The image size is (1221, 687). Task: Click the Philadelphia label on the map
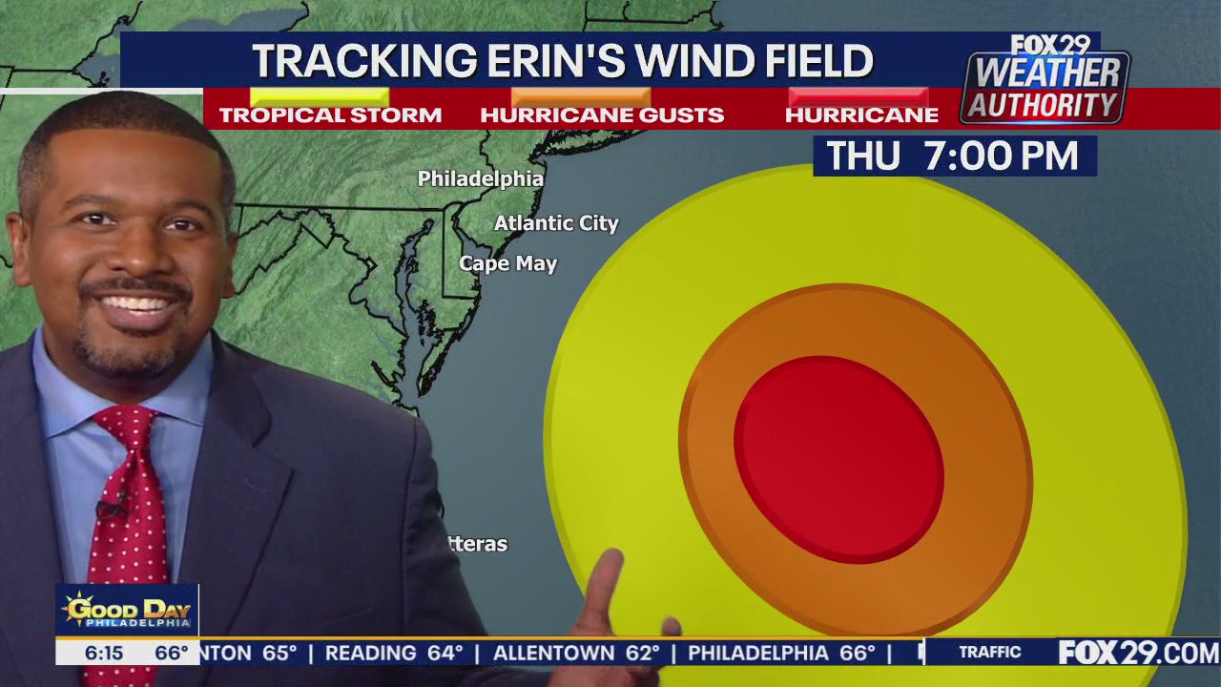click(480, 178)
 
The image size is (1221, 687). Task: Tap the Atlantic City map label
click(556, 223)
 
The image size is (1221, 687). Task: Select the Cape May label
click(507, 263)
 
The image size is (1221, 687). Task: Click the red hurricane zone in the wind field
click(838, 459)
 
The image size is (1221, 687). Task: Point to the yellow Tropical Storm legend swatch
click(319, 96)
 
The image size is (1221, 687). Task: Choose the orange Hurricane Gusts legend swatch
click(580, 96)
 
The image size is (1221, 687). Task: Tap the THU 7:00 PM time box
click(954, 156)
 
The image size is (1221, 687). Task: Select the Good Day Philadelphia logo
click(127, 611)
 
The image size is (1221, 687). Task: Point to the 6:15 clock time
click(103, 654)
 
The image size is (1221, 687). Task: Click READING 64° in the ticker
click(393, 654)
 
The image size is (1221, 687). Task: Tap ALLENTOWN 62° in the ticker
click(576, 654)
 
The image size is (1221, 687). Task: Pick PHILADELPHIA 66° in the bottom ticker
click(781, 654)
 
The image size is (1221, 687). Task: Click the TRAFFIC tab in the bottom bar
click(989, 653)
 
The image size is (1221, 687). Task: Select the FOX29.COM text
click(1138, 653)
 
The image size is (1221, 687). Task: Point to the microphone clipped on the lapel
click(109, 507)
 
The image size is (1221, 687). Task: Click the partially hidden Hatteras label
click(478, 544)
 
